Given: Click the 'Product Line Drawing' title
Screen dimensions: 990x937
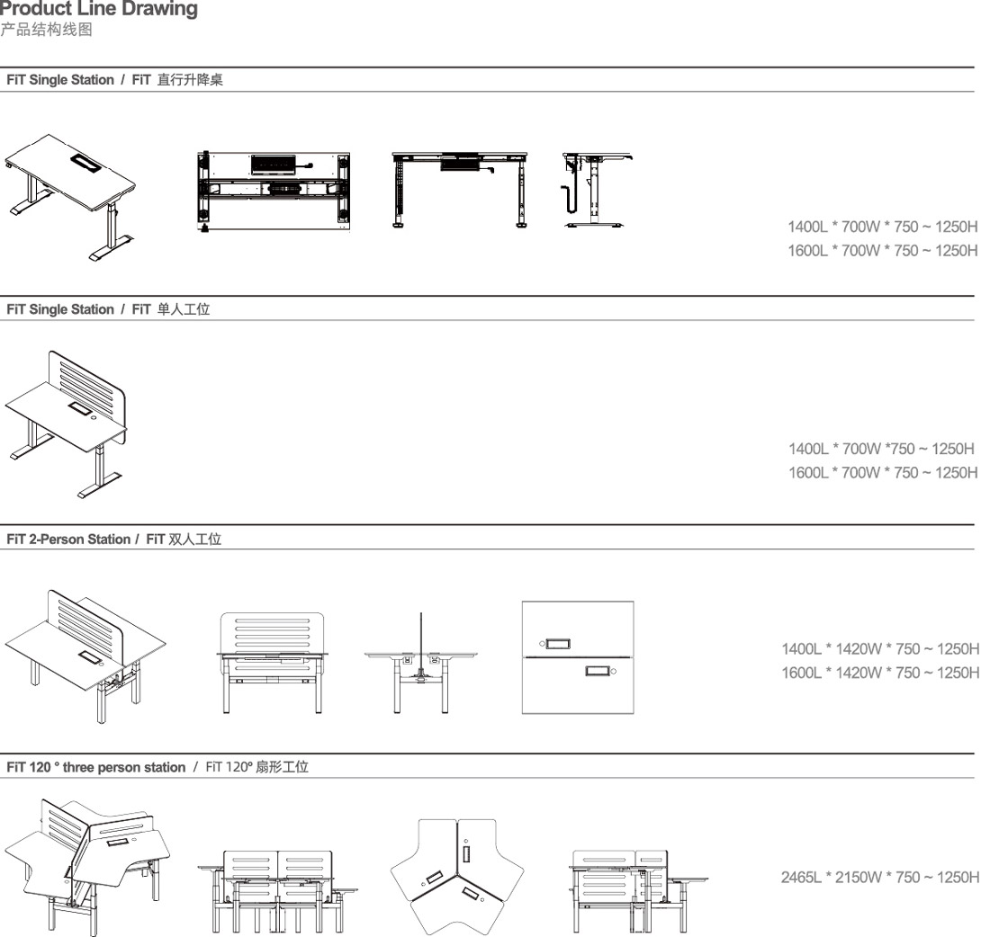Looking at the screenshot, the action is pyautogui.click(x=99, y=9).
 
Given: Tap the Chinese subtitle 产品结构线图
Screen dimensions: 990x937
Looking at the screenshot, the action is pyautogui.click(x=47, y=30).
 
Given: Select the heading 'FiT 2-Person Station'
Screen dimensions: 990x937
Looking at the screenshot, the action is pyautogui.click(x=68, y=540).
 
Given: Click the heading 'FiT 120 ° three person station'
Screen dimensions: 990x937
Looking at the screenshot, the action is pyautogui.click(x=96, y=767).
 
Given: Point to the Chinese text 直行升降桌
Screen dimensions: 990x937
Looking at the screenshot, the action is pyautogui.click(x=190, y=80).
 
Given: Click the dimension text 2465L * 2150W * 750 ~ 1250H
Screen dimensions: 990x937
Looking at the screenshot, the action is pyautogui.click(x=880, y=878).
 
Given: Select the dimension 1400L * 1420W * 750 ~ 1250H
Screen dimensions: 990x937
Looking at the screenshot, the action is pyautogui.click(x=880, y=649).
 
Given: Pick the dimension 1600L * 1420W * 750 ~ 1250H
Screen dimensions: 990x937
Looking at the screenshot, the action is pyautogui.click(x=880, y=674).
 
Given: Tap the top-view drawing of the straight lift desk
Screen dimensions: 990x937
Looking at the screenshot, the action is pyautogui.click(x=274, y=192).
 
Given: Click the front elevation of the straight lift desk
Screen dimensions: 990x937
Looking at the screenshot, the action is pyautogui.click(x=460, y=190).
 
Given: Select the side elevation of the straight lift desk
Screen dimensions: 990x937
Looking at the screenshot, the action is pyautogui.click(x=597, y=190).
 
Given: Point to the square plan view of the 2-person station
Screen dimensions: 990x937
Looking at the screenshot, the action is pyautogui.click(x=578, y=657).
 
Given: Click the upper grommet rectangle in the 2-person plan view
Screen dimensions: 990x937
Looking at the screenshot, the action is pyautogui.click(x=558, y=644).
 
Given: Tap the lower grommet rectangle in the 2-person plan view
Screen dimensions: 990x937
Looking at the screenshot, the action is pyautogui.click(x=598, y=671).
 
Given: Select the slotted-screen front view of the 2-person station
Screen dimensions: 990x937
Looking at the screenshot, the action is pyautogui.click(x=272, y=663).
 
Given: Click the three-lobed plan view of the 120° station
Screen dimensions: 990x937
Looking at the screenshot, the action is pyautogui.click(x=457, y=878).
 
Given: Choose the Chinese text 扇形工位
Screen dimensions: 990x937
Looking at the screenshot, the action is pyautogui.click(x=282, y=767).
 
